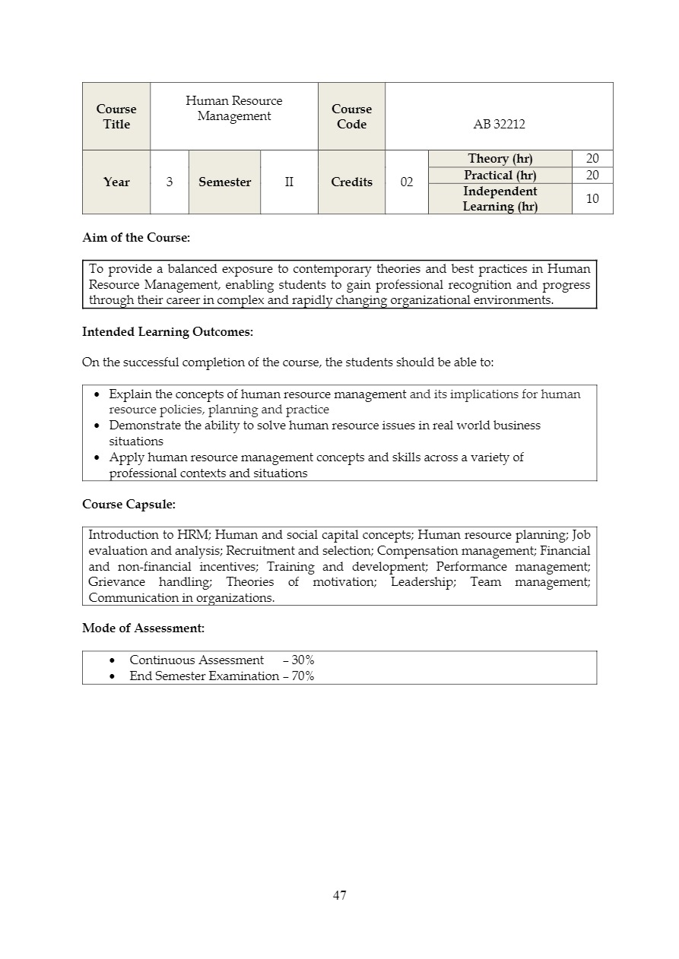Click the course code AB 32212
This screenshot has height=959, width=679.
click(499, 125)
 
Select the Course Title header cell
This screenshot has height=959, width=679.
click(116, 117)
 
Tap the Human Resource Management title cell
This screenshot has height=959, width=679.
click(234, 109)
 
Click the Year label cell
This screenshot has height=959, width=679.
click(116, 182)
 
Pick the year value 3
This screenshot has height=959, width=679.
click(169, 182)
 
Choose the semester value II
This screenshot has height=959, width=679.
click(289, 182)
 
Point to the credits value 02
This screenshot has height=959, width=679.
click(407, 182)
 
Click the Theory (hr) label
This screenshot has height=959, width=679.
click(500, 159)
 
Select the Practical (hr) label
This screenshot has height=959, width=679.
click(500, 176)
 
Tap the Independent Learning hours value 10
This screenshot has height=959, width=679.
click(592, 199)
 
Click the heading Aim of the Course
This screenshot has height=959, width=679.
click(136, 238)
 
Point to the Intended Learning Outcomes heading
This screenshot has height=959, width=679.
click(167, 332)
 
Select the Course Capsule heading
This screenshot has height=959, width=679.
click(129, 504)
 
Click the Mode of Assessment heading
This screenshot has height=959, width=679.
click(143, 628)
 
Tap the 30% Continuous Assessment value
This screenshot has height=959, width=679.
click(303, 660)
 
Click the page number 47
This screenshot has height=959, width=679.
click(340, 895)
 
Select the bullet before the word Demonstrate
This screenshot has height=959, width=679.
click(97, 426)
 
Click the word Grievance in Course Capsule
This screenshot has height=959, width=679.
click(116, 582)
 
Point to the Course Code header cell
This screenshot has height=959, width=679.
click(351, 117)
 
